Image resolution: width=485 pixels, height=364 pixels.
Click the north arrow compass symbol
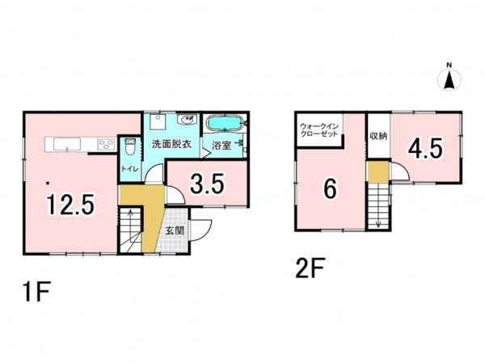449,79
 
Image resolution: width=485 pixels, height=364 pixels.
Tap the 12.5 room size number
70,204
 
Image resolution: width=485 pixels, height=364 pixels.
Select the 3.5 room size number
207,184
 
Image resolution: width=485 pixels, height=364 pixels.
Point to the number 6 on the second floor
330,189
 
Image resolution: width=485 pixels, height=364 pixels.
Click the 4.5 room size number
425,148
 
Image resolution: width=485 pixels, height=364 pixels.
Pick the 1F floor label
36,291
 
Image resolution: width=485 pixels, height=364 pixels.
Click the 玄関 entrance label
175,231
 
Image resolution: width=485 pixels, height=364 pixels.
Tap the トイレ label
130,169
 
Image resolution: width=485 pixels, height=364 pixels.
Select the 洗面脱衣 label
171,144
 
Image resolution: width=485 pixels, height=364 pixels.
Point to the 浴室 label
221,145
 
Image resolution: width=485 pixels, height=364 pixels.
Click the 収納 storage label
378,136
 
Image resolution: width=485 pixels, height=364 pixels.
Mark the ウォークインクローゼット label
319,130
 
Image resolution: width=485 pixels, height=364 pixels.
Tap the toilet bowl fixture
130,147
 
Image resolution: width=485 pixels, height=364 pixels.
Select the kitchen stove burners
107,144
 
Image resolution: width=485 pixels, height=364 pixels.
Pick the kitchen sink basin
67,144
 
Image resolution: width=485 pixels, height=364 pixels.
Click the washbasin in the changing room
188,120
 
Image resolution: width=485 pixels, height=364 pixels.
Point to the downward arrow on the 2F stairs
378,220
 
